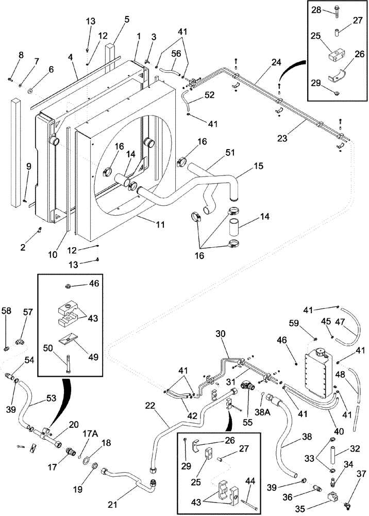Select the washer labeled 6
pos(30,92)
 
